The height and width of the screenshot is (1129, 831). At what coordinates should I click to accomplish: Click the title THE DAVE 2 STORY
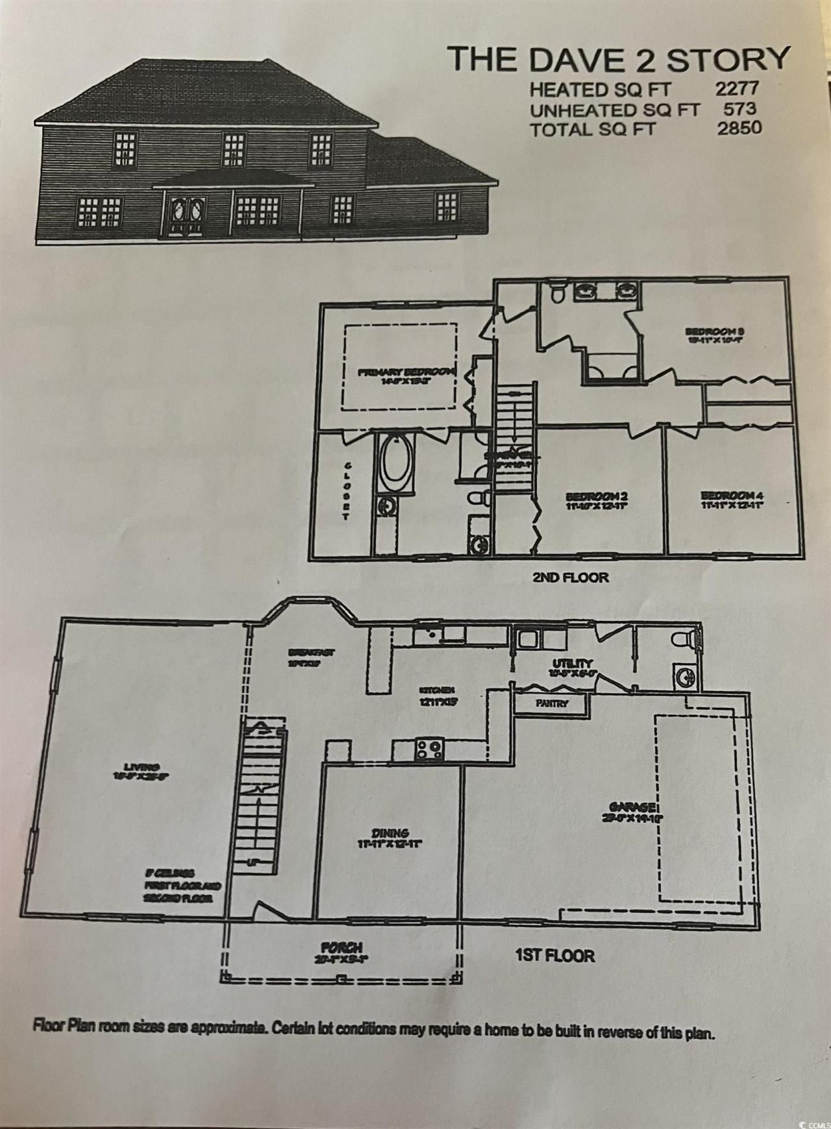point(620,59)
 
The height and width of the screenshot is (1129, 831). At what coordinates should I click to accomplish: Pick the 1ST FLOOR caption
point(554,955)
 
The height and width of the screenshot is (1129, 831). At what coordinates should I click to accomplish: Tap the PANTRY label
point(552,703)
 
